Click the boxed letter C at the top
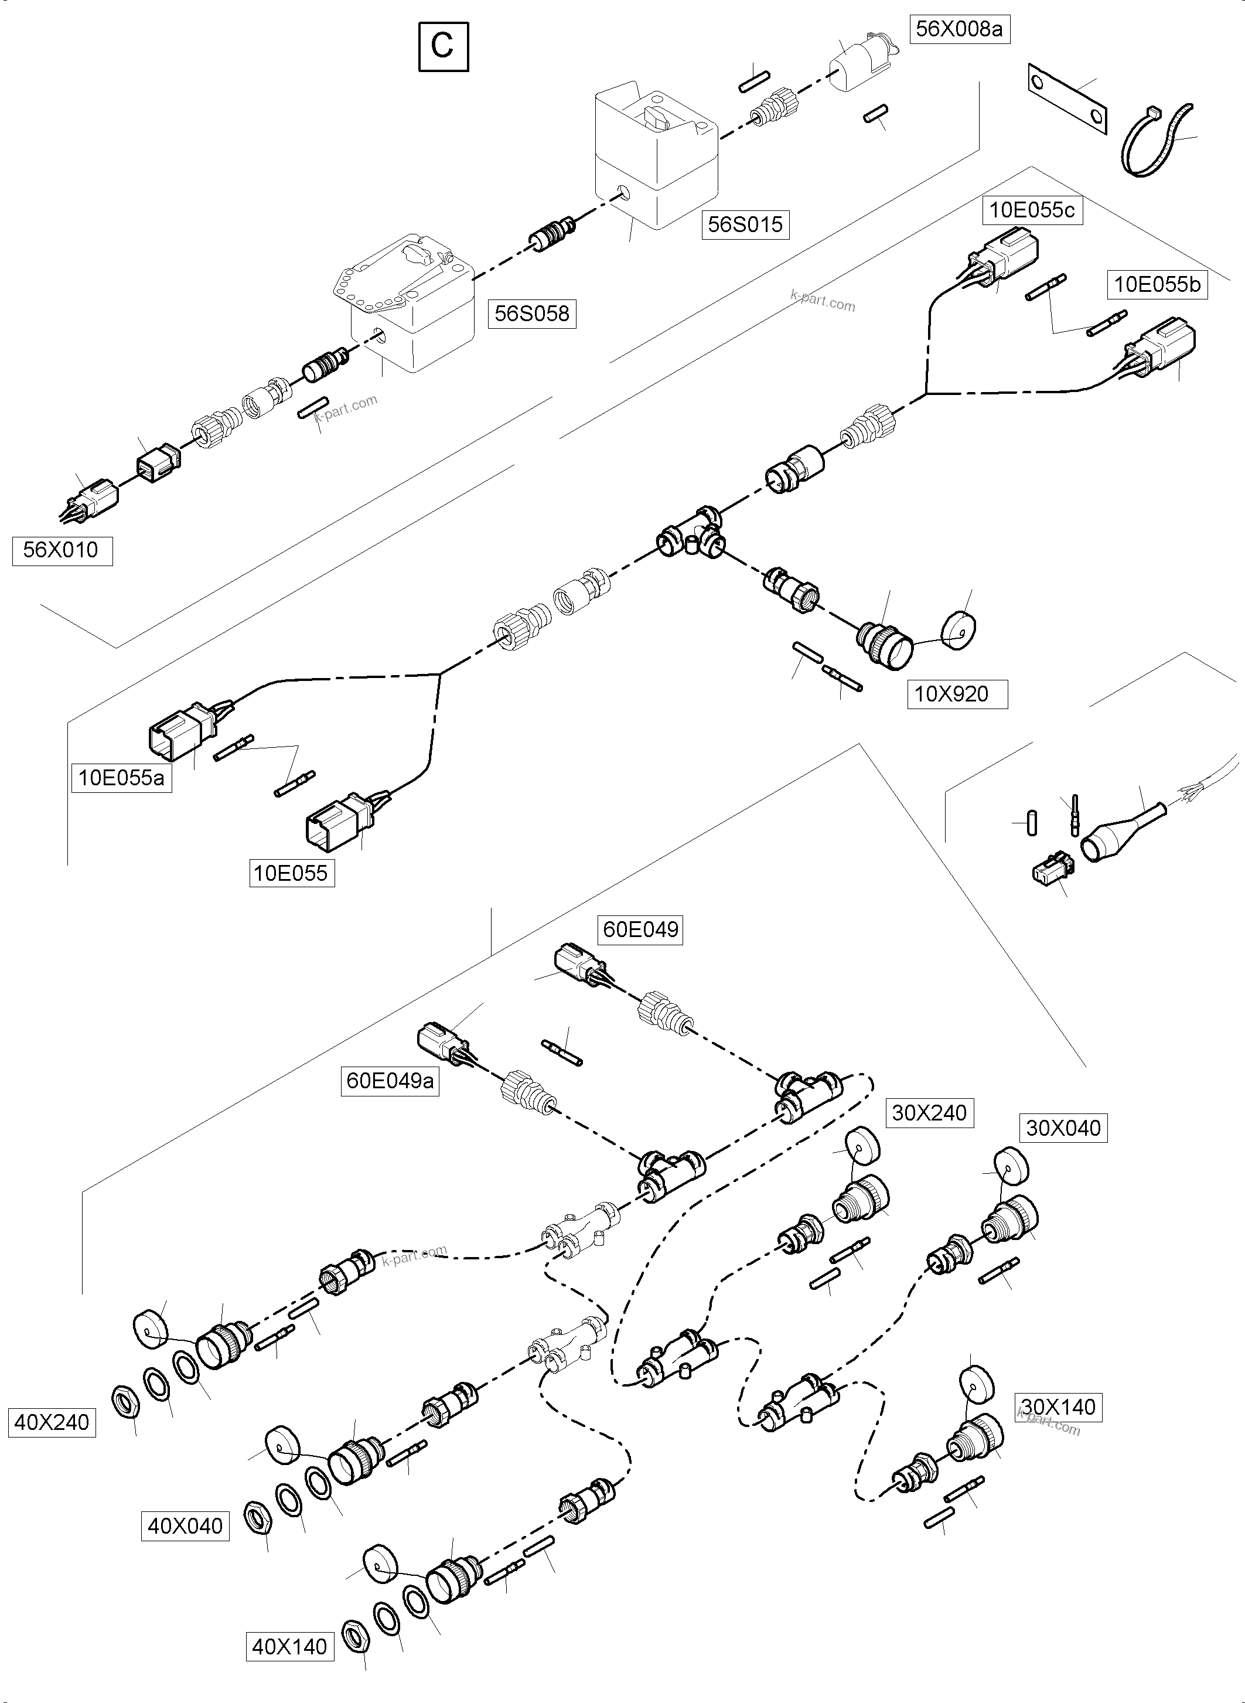coord(443,47)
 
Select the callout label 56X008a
coord(959,29)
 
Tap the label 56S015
coord(745,224)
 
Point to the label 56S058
coord(531,313)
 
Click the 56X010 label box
coord(62,550)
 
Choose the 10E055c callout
coord(1032,210)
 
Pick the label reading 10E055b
coord(1157,284)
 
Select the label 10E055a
coord(121,777)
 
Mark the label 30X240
coord(929,1113)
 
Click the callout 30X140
coord(1058,1406)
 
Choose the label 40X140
coord(289,1668)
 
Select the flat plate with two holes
coord(1069,98)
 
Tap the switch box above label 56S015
coord(656,155)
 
